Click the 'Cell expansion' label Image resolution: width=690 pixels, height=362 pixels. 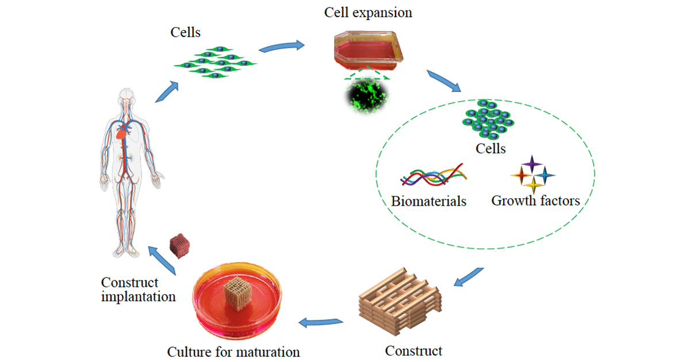click(x=368, y=12)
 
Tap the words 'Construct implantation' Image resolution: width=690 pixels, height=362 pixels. click(x=138, y=290)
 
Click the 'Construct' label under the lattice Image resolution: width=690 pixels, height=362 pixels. click(x=413, y=350)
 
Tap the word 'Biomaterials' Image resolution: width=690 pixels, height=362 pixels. click(x=428, y=201)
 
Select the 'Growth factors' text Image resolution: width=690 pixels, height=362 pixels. click(x=535, y=201)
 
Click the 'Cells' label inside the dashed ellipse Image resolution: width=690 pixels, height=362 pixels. click(x=490, y=149)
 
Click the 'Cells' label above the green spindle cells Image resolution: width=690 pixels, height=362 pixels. click(x=186, y=32)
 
